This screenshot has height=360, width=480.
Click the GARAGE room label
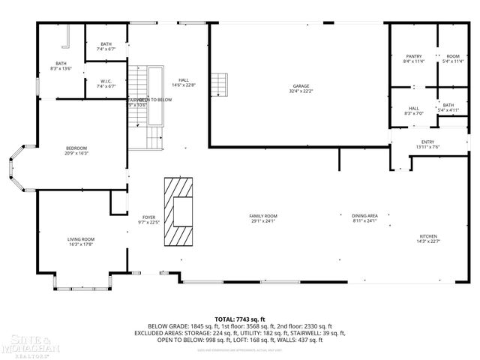[300, 85]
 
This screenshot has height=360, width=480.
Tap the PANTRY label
[413, 56]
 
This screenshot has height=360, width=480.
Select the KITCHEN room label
[427, 236]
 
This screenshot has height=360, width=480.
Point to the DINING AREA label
[364, 216]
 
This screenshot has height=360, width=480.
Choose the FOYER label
[149, 217]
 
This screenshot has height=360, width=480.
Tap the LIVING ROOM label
[81, 238]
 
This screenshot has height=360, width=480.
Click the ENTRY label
[427, 142]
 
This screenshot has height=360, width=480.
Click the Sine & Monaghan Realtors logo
[26, 344]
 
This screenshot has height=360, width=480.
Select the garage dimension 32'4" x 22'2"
[300, 91]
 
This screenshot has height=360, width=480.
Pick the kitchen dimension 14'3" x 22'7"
[427, 241]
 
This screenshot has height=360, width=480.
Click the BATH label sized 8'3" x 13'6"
[61, 64]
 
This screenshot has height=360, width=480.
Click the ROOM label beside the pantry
[452, 56]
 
